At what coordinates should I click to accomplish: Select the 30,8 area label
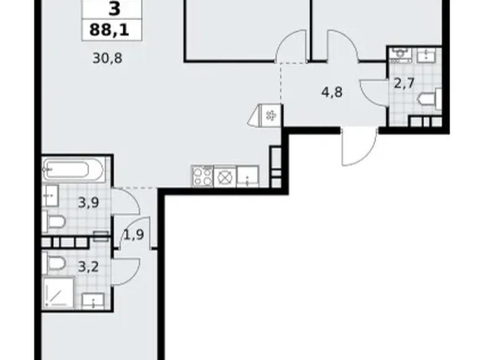[x=109, y=60]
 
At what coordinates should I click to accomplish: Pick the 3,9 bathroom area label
[x=89, y=203]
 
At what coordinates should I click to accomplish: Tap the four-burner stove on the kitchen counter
[x=202, y=176]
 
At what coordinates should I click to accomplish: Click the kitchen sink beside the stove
[x=248, y=176]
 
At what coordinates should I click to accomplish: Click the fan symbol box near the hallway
[x=271, y=115]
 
